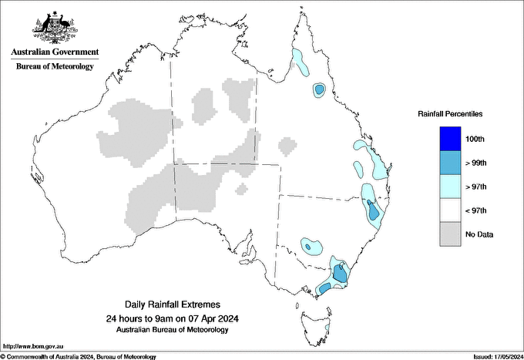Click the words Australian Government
click(x=54, y=52)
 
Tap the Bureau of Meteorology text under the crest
click(x=54, y=66)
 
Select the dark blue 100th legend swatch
click(x=451, y=139)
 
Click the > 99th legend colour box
click(x=451, y=163)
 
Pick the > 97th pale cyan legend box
click(x=451, y=187)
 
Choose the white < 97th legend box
click(x=451, y=210)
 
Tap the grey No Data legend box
click(x=451, y=234)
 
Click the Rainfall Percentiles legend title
click(x=450, y=113)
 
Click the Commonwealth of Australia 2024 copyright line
click(x=79, y=356)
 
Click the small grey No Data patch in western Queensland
click(x=287, y=145)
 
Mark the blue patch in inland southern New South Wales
click(x=311, y=247)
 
